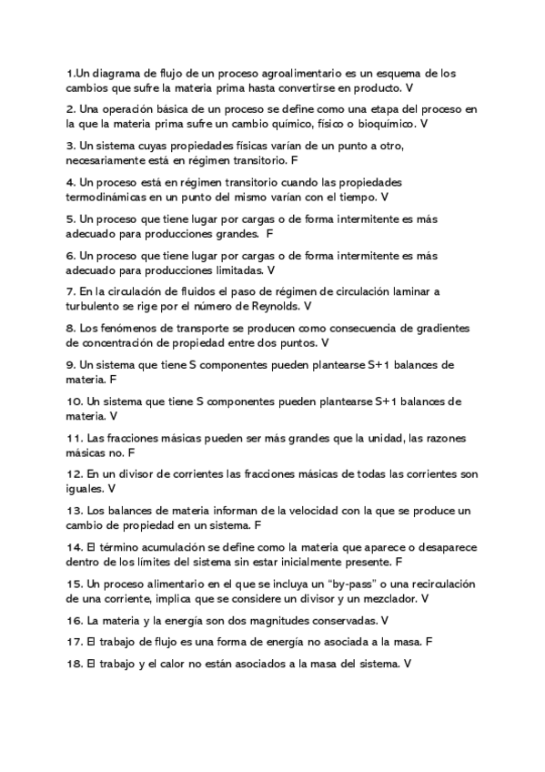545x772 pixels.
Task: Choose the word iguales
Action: pyautogui.click(x=86, y=488)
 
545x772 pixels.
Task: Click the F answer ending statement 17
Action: pyautogui.click(x=429, y=642)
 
